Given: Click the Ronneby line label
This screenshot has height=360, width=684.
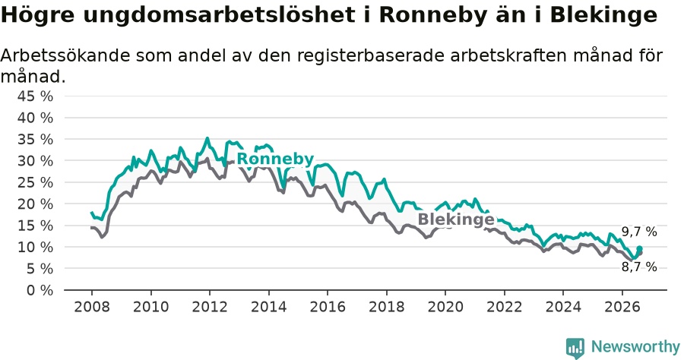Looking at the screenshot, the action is (275, 159).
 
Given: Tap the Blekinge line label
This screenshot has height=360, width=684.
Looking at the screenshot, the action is (456, 219).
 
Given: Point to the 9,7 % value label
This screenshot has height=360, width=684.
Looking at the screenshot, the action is (639, 232).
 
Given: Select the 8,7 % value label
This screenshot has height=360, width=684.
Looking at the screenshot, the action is (639, 267).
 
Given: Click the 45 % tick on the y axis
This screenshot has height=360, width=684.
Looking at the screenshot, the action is (35, 96).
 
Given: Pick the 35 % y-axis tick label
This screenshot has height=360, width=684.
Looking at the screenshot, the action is (35, 140).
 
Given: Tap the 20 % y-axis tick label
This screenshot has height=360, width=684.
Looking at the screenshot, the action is (35, 204).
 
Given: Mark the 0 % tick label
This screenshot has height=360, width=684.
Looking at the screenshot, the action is (40, 290).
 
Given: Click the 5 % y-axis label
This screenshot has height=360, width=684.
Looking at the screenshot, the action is (40, 269).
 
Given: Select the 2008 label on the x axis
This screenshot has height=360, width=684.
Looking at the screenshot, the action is (92, 307).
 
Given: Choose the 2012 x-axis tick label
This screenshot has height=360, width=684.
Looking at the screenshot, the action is (210, 307).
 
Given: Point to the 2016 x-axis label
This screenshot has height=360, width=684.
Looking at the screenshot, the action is (328, 307).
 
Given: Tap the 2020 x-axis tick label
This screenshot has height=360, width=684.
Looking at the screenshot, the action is (445, 307).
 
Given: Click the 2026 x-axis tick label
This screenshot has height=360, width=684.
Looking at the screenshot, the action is (622, 307).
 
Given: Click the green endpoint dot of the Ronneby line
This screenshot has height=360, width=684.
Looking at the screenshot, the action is (639, 248).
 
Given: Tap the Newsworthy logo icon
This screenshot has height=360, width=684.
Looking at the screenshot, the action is (575, 348).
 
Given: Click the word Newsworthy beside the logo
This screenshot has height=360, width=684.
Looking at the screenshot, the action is (635, 347).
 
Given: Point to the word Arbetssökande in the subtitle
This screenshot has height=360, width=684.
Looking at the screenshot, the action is (62, 55).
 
